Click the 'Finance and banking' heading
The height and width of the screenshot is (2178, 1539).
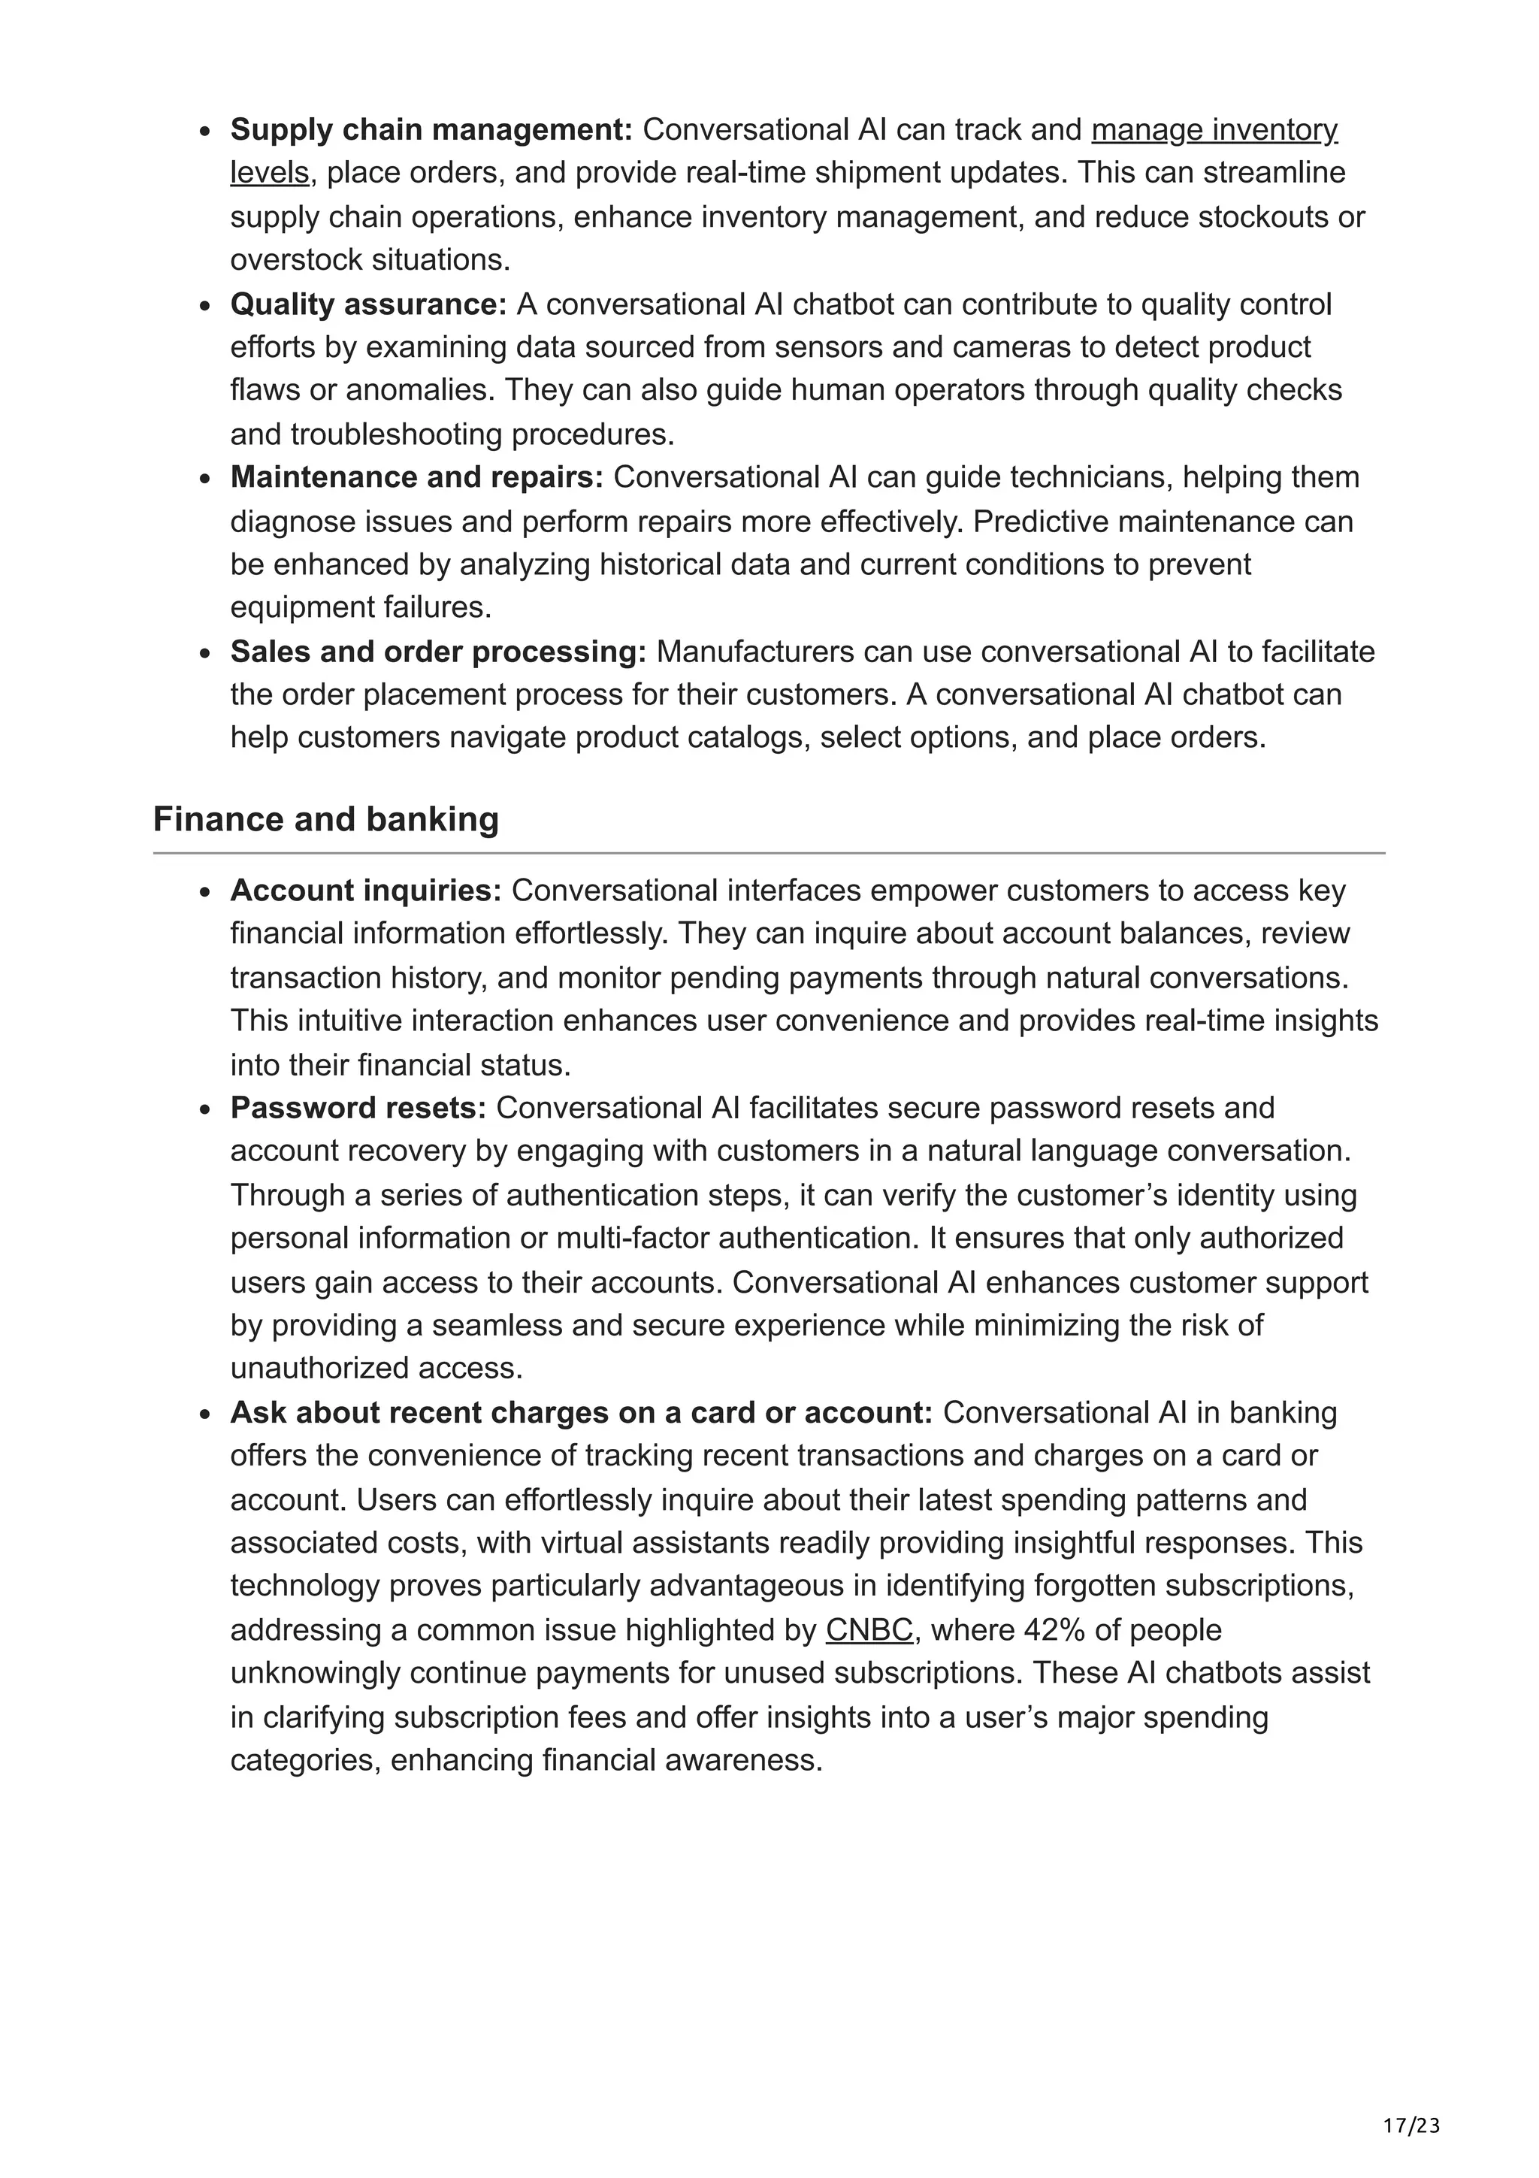(x=325, y=820)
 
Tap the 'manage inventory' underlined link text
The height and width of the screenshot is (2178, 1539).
(x=1214, y=129)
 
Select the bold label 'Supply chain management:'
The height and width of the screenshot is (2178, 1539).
(x=431, y=129)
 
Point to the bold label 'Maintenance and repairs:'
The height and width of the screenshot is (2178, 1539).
(x=416, y=477)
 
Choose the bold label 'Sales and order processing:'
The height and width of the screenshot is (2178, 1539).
(x=438, y=652)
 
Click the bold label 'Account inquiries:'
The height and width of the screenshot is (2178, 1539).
(x=366, y=891)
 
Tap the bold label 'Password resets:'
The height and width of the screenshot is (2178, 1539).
(x=358, y=1108)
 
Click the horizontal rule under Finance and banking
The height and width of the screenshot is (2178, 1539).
(x=769, y=854)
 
